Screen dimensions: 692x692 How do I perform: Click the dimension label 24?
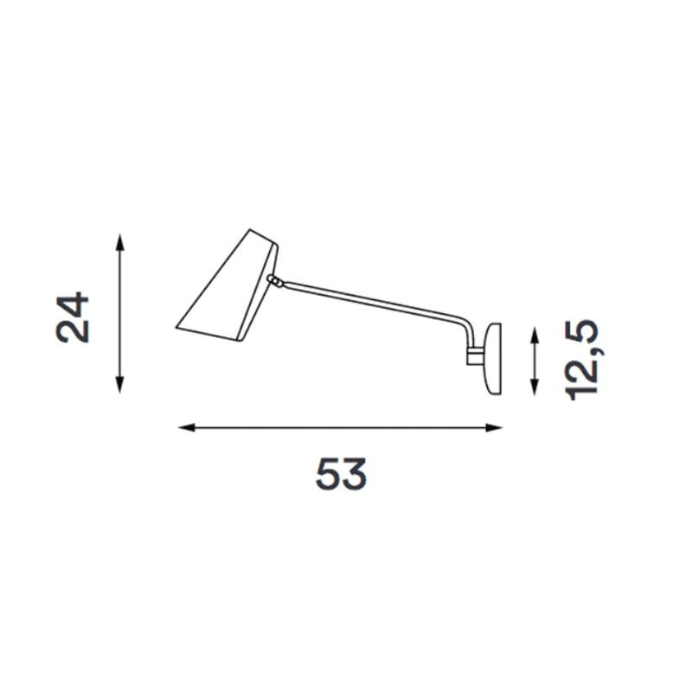pyautogui.click(x=74, y=318)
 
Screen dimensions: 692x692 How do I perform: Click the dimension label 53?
pyautogui.click(x=342, y=474)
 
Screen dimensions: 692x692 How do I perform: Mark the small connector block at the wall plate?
pyautogui.click(x=476, y=355)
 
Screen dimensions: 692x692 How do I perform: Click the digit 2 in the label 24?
pyautogui.click(x=74, y=331)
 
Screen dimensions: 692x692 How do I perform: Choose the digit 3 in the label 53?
pyautogui.click(x=356, y=474)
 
